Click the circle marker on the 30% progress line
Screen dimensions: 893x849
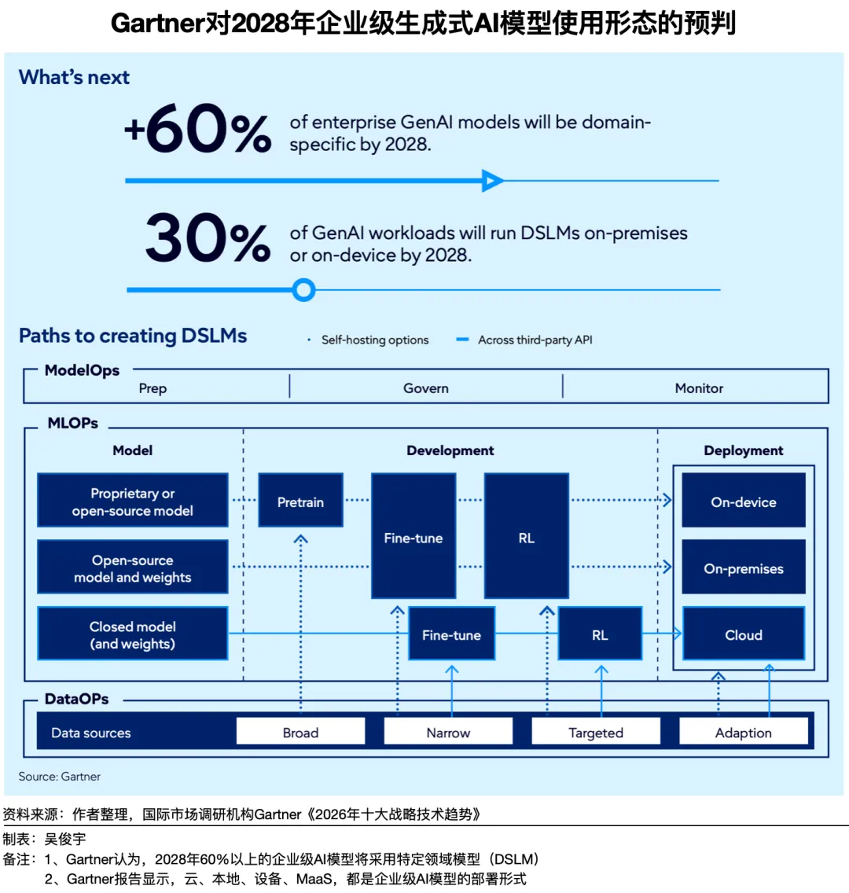coord(303,290)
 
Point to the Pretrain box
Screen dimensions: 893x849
coord(300,501)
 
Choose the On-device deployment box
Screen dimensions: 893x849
coord(743,501)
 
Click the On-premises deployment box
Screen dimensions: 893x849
coord(743,568)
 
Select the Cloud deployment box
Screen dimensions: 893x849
coord(743,634)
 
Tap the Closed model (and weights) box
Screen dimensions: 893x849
coord(132,634)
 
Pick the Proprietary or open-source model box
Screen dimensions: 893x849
coord(132,501)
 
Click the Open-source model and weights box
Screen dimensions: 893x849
coord(132,568)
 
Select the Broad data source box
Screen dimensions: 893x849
coord(300,732)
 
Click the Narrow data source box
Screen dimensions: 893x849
coord(448,732)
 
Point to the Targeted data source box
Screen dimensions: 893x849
coord(595,732)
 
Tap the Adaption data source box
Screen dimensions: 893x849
coord(743,732)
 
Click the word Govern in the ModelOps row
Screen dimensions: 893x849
coord(426,388)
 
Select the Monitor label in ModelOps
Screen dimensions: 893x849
coord(699,388)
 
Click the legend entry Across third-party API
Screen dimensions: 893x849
coord(535,340)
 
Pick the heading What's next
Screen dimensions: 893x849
coord(74,77)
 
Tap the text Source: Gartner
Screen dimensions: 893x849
coord(60,776)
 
